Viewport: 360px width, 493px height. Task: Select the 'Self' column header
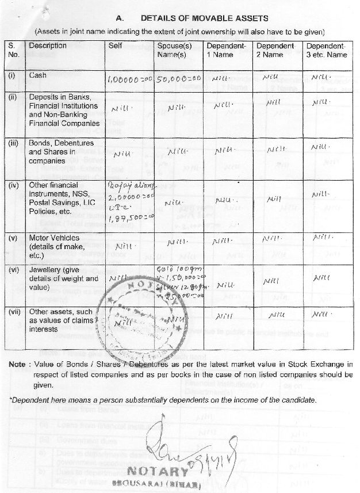pyautogui.click(x=115, y=45)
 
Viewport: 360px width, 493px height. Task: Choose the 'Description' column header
pyautogui.click(x=48, y=45)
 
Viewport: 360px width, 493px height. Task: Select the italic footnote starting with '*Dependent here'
pyautogui.click(x=163, y=400)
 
